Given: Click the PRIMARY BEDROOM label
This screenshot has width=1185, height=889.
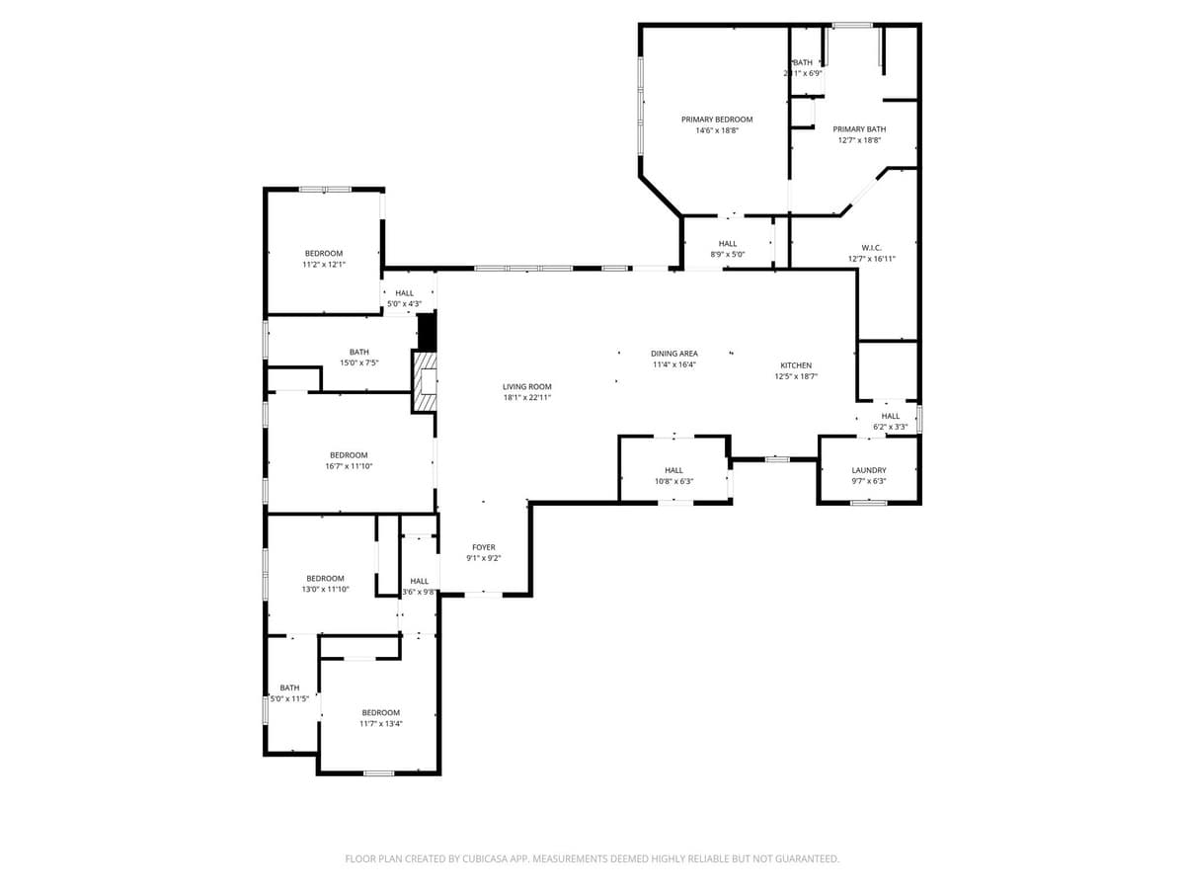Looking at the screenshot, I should [x=716, y=120].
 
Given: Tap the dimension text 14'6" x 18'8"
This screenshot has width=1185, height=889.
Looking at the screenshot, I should [x=716, y=130].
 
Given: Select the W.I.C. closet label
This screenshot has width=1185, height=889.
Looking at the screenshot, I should [x=871, y=248].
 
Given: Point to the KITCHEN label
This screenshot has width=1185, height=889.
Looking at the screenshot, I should [x=796, y=365].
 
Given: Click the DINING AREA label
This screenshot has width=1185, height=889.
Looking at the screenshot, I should [x=674, y=354].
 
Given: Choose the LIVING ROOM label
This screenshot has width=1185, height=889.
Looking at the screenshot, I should [x=526, y=387].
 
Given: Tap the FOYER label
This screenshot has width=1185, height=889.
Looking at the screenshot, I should [x=484, y=547].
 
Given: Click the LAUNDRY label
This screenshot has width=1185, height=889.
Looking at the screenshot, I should [x=869, y=470].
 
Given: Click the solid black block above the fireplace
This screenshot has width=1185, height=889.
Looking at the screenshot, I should [x=428, y=331].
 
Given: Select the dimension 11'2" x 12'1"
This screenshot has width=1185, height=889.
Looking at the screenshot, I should [x=324, y=265].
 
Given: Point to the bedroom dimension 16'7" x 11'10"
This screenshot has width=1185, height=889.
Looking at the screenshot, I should [x=349, y=466].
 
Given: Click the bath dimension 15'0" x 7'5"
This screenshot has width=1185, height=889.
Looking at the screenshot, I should [x=358, y=363].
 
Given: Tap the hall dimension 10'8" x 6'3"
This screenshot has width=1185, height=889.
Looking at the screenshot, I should [x=673, y=481].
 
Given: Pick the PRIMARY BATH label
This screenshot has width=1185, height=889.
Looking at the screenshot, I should [x=859, y=129].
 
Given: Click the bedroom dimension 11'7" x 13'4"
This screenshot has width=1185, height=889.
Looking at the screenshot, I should [x=380, y=724].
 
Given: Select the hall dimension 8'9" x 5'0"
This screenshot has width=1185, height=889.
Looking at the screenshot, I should [x=728, y=255].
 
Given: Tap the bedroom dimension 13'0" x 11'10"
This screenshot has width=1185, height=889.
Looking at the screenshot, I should [x=325, y=590].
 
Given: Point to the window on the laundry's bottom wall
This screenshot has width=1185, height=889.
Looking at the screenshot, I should [x=868, y=503].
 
